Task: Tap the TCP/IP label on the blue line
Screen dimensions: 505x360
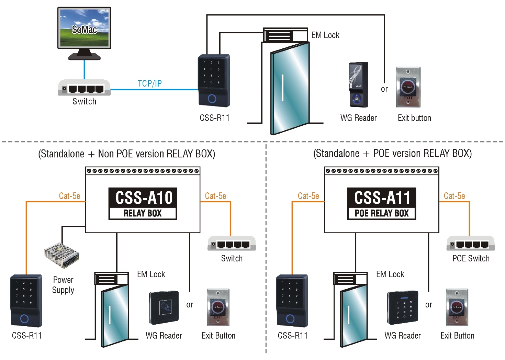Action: [150, 83]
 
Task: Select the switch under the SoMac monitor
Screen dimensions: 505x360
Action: [84, 88]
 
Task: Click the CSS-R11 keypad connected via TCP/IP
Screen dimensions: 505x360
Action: [214, 80]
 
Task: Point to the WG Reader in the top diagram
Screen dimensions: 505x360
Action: [358, 85]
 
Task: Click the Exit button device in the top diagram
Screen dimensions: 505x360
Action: [408, 87]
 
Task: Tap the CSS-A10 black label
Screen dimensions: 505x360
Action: [143, 198]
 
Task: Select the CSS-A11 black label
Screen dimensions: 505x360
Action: [382, 198]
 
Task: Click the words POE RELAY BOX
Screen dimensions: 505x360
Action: [382, 213]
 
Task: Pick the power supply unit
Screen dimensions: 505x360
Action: [62, 255]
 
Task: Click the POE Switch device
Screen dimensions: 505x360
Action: [471, 243]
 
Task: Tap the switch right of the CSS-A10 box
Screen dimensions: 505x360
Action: [232, 243]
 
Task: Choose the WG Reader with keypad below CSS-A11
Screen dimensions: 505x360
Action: [403, 308]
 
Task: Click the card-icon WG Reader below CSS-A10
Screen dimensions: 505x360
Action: [164, 308]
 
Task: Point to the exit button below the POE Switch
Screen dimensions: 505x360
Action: [457, 307]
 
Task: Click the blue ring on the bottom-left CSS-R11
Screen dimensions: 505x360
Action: [24, 319]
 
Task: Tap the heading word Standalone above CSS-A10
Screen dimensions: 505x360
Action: [63, 154]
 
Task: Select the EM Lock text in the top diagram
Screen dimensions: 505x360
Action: [325, 35]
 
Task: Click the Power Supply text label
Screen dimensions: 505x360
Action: [63, 285]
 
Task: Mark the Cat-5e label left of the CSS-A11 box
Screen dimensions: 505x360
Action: [308, 196]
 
